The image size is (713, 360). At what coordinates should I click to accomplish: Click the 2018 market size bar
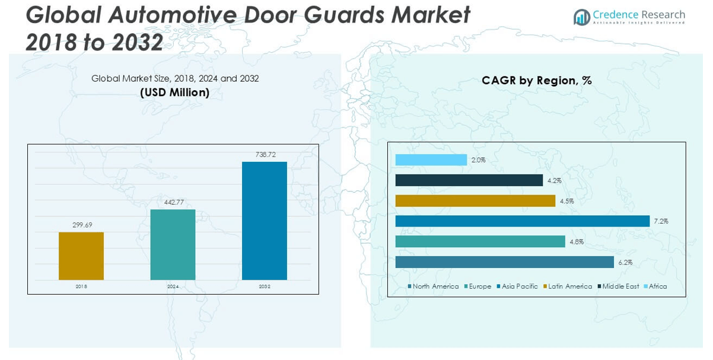point(81,256)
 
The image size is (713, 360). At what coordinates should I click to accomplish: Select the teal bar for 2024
point(173,244)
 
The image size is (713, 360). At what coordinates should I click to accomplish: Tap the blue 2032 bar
point(265,221)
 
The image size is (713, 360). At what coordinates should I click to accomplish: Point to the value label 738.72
point(265,155)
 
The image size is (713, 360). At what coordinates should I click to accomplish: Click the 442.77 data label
point(173,202)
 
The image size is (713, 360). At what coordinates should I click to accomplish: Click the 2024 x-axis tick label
point(173,286)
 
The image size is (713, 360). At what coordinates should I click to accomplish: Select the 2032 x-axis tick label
point(265,286)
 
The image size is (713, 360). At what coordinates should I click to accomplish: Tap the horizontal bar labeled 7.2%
point(523,221)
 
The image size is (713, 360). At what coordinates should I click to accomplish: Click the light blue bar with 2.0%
point(431,160)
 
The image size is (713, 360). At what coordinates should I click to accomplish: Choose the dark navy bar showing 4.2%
point(469,180)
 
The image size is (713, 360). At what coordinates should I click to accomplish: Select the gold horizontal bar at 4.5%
point(475,201)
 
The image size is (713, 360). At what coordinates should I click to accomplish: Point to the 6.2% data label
point(625,262)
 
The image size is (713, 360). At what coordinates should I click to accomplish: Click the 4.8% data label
point(577,242)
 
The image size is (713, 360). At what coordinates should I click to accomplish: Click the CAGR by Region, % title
point(536,81)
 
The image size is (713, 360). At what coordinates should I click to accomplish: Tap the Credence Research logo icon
point(581,17)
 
